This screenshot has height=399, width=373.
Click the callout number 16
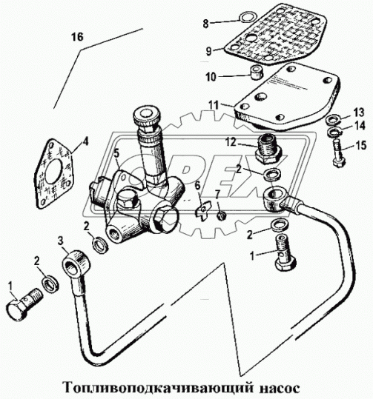pos(77,37)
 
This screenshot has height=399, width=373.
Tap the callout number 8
pos(205,24)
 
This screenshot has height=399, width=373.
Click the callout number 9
pos(209,51)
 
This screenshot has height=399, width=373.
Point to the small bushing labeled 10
pos(257,73)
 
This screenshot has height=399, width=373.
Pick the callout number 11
pos(214,105)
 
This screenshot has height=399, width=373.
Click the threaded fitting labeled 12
pos(269,149)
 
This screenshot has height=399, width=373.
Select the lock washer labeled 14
pos(334,133)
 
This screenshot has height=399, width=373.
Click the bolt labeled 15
pos(339,153)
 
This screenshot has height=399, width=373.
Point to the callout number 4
pos(86,141)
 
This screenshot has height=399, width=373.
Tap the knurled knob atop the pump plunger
pos(145,118)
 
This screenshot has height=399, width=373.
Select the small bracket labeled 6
pos(203,211)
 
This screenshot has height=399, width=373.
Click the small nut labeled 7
pos(222,216)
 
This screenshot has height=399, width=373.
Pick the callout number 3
pos(60,241)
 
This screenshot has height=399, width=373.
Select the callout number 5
pos(116,153)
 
